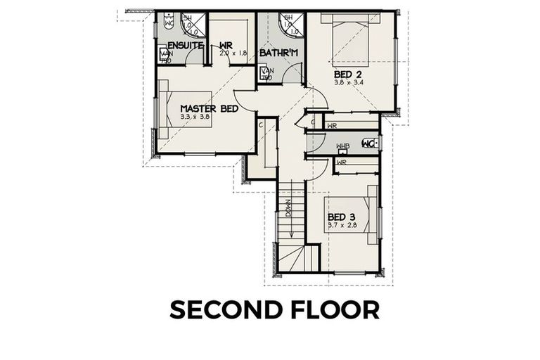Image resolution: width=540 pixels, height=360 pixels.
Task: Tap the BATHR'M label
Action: (x=279, y=53)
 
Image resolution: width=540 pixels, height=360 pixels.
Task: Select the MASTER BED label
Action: (x=209, y=109)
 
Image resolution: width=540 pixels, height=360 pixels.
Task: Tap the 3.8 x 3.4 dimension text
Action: (x=348, y=82)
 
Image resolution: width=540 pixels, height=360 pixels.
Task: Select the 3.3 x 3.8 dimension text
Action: (x=195, y=117)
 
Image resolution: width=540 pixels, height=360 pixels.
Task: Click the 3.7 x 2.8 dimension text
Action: (x=342, y=225)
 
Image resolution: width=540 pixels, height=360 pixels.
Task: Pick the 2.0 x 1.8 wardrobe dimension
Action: (x=233, y=53)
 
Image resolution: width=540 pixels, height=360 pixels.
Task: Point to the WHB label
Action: (x=342, y=146)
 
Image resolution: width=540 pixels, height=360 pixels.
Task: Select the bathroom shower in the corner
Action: (x=290, y=25)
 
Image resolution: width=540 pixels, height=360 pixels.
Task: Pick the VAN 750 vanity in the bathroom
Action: (x=266, y=73)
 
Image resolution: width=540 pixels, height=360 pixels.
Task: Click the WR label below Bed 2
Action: (x=332, y=126)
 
